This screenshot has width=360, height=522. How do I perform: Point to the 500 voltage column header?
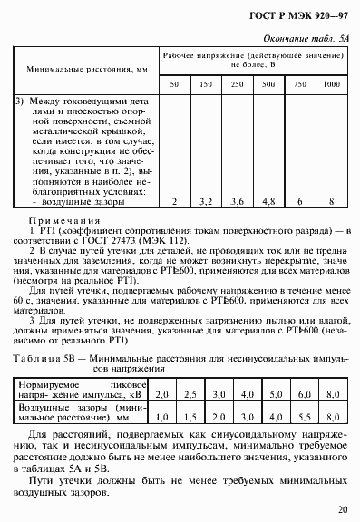[x=268, y=83]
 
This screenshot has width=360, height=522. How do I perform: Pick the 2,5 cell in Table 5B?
[x=190, y=395]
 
